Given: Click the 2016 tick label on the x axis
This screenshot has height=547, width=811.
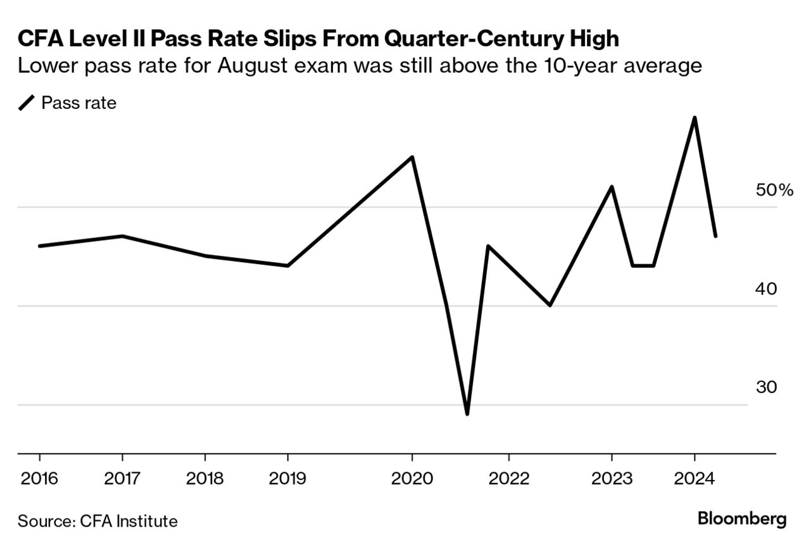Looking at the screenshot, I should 39,478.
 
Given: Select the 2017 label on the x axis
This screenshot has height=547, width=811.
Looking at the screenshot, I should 122,478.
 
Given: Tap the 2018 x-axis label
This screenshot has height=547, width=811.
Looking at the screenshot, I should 205,478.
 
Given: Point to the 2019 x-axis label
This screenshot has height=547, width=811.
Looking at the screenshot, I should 288,478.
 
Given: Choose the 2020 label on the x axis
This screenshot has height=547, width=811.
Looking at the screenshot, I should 412,478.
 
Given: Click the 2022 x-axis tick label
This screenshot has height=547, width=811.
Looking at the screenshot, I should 508,478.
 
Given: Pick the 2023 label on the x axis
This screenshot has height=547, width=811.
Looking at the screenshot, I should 612,478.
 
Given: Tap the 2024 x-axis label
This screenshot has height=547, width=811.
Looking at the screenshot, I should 695,478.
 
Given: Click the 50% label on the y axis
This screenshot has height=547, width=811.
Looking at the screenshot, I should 774,190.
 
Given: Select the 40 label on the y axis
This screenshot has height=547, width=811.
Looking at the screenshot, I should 767,289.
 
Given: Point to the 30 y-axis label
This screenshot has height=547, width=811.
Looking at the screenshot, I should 767,387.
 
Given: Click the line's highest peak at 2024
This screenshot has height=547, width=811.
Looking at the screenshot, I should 695,118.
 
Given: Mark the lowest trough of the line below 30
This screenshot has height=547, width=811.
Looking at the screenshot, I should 467,414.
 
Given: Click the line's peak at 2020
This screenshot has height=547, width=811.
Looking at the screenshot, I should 412,157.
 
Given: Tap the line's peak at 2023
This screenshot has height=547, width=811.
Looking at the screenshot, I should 612,187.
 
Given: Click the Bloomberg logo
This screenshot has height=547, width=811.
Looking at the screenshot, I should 742,520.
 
